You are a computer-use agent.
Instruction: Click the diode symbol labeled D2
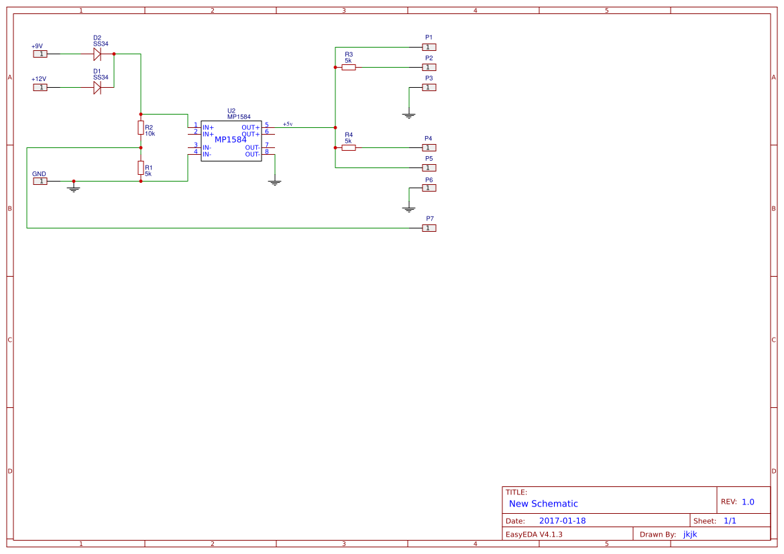(x=97, y=54)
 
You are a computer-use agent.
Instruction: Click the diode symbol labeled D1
(x=97, y=87)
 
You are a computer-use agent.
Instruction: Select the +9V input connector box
(x=40, y=54)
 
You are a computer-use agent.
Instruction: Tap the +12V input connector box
(x=40, y=87)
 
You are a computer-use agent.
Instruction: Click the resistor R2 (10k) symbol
(x=141, y=127)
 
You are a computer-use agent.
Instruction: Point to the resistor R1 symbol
(x=141, y=167)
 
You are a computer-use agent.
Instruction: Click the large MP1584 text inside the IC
(x=231, y=139)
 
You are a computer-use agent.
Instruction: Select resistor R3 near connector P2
(x=348, y=67)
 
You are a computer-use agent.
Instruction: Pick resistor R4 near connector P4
(x=348, y=147)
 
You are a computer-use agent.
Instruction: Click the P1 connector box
(x=429, y=47)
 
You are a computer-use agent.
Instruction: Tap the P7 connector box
(x=429, y=228)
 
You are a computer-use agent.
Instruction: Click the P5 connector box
(x=429, y=167)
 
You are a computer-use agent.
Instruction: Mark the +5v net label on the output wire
(x=288, y=124)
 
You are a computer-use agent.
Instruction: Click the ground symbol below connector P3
(x=409, y=115)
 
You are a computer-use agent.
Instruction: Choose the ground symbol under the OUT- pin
(x=274, y=182)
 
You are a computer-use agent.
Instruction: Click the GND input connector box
(x=40, y=181)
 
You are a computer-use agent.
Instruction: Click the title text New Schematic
(x=543, y=504)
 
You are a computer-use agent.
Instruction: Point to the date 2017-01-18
(x=562, y=521)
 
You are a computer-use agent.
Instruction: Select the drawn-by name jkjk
(x=690, y=534)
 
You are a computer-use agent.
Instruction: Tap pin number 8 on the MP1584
(x=266, y=151)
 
